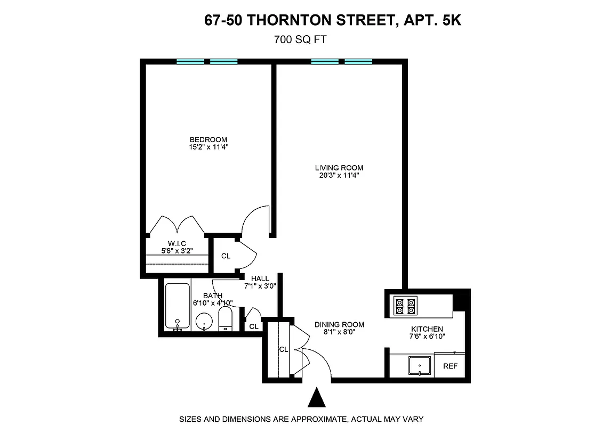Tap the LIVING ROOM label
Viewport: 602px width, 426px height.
click(339, 168)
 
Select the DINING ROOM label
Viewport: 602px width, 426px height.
click(339, 324)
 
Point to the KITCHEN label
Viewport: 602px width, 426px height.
click(427, 329)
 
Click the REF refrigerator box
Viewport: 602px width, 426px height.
click(450, 366)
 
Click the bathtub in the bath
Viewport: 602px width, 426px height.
click(177, 306)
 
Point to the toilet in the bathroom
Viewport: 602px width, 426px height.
click(226, 319)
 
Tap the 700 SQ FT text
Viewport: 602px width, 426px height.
click(299, 39)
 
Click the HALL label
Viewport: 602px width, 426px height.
click(260, 278)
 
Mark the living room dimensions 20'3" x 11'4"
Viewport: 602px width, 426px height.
click(339, 175)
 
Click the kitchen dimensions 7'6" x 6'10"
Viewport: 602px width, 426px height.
click(427, 336)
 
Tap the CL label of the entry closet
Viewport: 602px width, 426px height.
click(284, 350)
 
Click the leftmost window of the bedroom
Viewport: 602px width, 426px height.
click(190, 62)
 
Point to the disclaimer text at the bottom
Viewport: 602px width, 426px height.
click(301, 419)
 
